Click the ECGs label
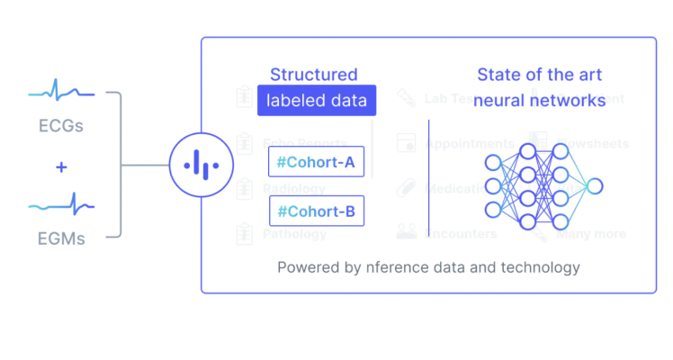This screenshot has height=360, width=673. coord(61,125)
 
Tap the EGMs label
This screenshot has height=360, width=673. coord(61,239)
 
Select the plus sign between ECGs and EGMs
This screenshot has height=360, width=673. coord(61,167)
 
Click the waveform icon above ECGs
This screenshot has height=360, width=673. coord(61,92)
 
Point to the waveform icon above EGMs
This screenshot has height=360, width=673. coord(61,206)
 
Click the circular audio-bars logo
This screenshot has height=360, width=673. coord(201,166)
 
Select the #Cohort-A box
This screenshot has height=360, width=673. coord(316,161)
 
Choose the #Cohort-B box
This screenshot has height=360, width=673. coord(316,211)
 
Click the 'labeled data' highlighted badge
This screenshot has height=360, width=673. coord(316,101)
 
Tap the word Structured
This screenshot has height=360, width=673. coord(313,75)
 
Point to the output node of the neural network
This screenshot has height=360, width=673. coord(594,186)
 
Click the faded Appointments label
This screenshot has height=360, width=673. coord(470,144)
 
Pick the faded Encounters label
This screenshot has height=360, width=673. coord(461,234)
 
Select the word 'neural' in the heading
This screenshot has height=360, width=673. coord(501,101)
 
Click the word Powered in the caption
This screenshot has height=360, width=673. coord(305,267)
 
